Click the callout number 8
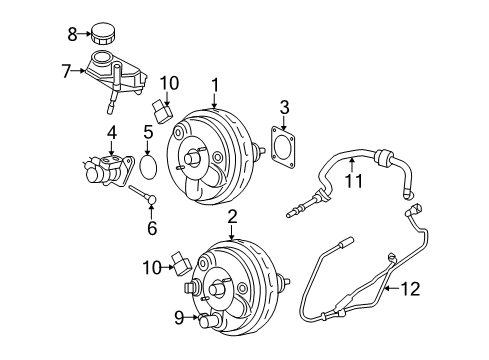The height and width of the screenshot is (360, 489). [x=72, y=34]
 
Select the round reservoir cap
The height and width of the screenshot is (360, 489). [x=105, y=33]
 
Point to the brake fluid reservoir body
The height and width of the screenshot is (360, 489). [x=116, y=73]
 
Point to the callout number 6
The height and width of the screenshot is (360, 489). [x=152, y=228]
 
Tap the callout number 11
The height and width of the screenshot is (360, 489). [x=351, y=182]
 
